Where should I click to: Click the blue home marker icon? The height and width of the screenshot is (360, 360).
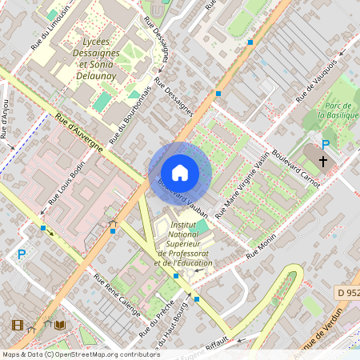180,172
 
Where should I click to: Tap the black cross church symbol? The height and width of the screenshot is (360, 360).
323,161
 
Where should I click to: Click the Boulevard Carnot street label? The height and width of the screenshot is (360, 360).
295,167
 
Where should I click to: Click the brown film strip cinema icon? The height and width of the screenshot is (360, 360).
18,325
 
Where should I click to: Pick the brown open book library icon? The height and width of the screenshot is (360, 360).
60,325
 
